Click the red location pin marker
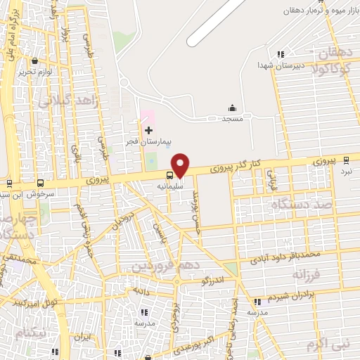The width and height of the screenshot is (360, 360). [x=181, y=165]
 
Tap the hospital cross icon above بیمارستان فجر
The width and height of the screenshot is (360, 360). [x=148, y=130]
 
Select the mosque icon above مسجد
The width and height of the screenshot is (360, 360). [x=232, y=108]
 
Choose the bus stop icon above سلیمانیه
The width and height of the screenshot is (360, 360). [x=170, y=175]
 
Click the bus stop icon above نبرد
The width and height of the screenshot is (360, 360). [x=345, y=161]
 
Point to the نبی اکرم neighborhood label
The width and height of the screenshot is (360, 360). [x=328, y=345]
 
